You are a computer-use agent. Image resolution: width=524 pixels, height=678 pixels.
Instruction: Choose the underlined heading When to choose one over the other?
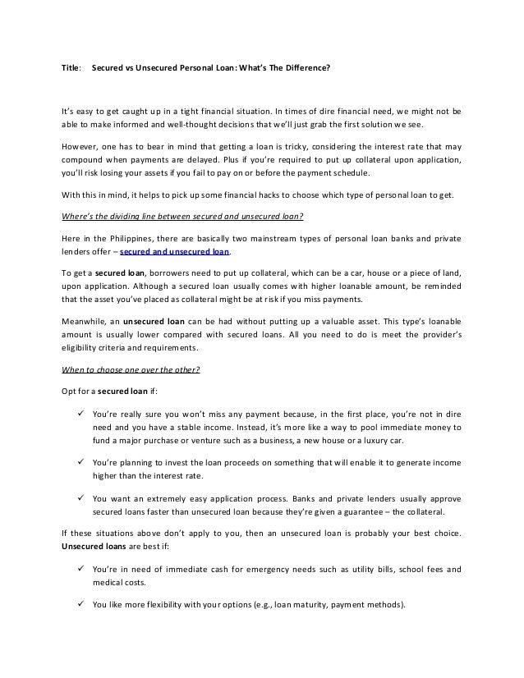coord(131,369)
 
